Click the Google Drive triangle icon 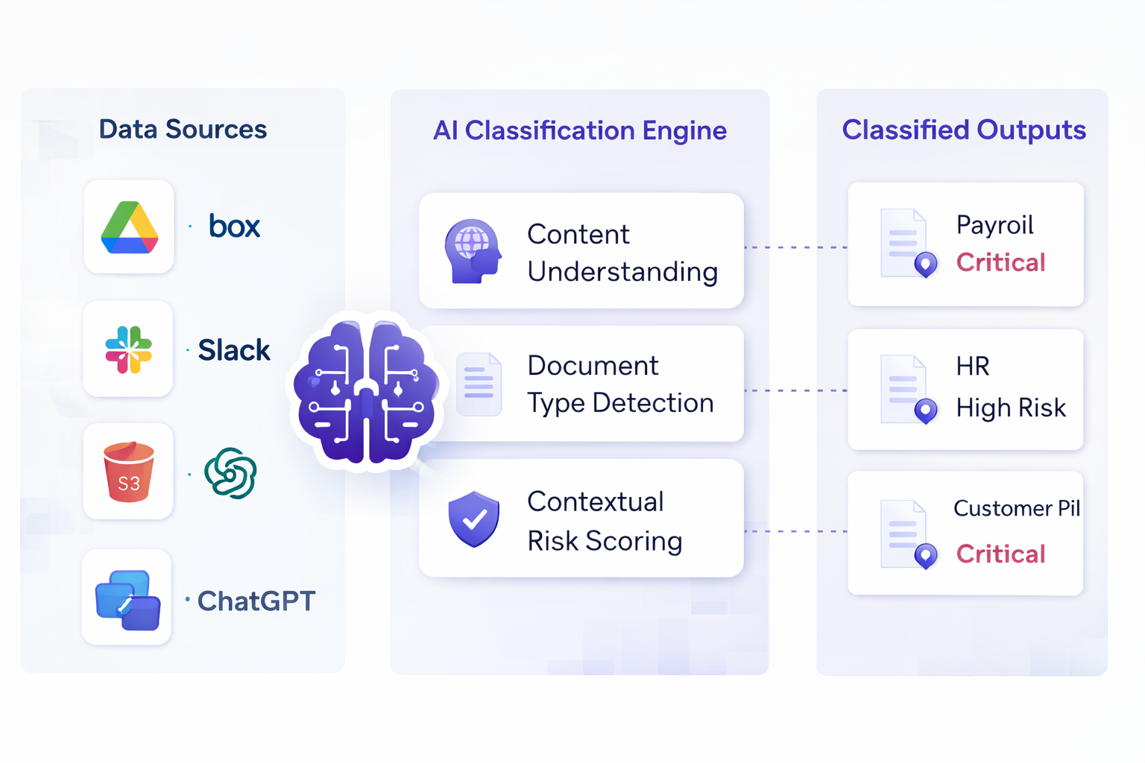click(129, 227)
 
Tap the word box click(234, 226)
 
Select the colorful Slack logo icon click(128, 349)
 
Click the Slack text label click(233, 350)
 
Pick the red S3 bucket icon click(128, 472)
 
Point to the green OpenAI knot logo click(230, 473)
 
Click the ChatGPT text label click(256, 601)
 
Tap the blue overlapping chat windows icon click(127, 600)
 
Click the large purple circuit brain click(365, 391)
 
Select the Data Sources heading click(183, 130)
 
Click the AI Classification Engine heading click(580, 130)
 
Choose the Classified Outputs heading click(963, 130)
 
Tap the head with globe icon click(473, 251)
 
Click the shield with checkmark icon click(473, 519)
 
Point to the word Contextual click(595, 501)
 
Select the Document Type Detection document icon click(479, 384)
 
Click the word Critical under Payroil click(1000, 262)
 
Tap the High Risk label click(1011, 408)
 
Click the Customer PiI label click(1016, 508)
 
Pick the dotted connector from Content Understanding click(795, 247)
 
